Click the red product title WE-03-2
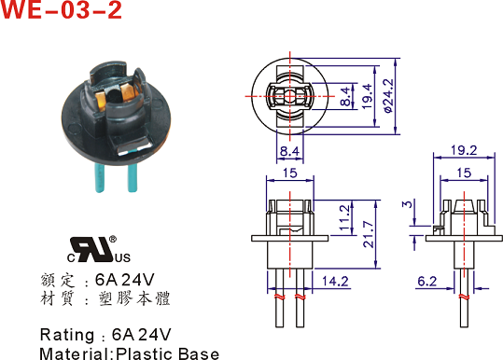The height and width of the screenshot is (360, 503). [61, 9]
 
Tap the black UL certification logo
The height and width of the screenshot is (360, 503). [99, 250]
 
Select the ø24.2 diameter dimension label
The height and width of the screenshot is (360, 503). [388, 96]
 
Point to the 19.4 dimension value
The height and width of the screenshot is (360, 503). [367, 96]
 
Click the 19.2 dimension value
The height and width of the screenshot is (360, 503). [464, 150]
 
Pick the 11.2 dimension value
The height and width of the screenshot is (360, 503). [344, 217]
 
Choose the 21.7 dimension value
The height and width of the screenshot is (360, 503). [369, 234]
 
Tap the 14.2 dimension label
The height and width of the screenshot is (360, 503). [335, 281]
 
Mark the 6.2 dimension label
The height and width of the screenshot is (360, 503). [427, 281]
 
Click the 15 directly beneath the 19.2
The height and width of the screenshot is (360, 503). [464, 173]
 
